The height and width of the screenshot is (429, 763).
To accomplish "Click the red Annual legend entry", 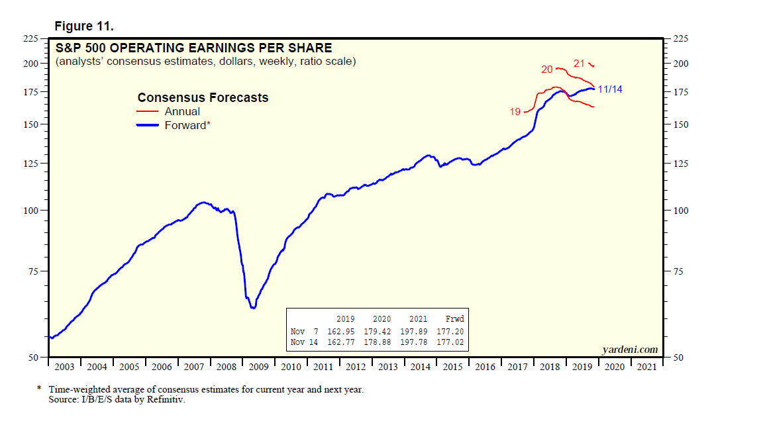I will [182, 111].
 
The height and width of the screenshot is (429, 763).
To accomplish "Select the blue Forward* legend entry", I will [187, 124].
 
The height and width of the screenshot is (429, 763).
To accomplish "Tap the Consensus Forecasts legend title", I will [203, 97].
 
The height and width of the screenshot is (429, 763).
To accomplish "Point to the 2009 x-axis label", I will [258, 367].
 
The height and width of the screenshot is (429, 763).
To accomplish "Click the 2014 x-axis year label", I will [420, 367].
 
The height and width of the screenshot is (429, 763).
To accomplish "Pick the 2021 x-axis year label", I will [646, 367].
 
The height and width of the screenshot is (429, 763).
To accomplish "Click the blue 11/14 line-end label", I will [610, 89].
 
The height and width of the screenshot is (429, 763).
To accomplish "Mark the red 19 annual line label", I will [515, 112].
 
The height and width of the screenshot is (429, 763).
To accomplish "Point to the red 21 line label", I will [579, 64].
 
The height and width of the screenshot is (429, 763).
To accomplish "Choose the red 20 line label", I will [547, 69].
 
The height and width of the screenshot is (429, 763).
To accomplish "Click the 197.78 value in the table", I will [417, 342].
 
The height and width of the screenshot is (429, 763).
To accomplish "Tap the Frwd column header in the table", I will [455, 318].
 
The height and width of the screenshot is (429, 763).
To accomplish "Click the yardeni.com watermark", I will [630, 350].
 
